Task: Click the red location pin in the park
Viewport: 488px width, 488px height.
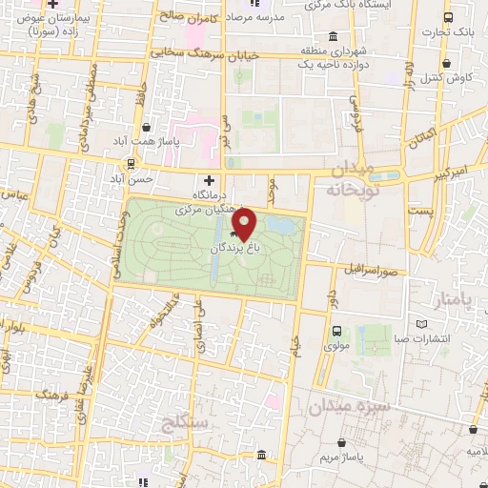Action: (245, 224)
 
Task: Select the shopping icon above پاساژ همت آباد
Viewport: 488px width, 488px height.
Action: (145, 126)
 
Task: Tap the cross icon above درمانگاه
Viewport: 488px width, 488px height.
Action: (209, 180)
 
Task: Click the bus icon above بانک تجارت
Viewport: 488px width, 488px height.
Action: (447, 18)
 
